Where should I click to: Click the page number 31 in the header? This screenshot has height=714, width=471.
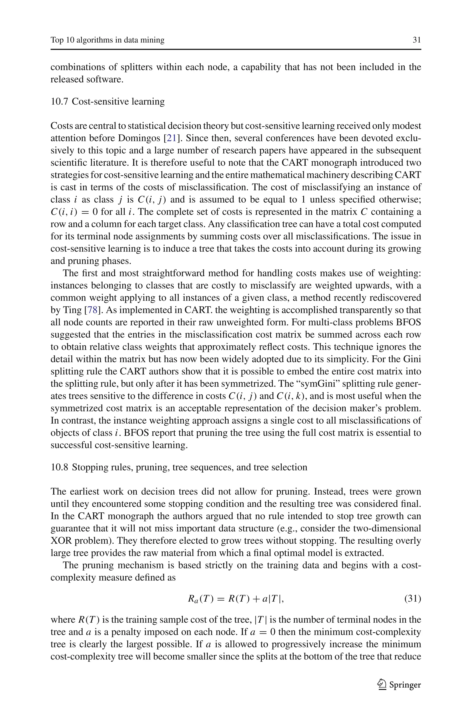(417, 40)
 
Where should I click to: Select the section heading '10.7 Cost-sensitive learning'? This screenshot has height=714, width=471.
(108, 101)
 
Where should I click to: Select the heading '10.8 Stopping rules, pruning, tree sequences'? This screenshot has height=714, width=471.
(179, 467)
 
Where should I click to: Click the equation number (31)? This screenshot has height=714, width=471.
(412, 599)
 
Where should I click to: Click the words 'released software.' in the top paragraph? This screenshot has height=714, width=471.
(87, 79)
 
